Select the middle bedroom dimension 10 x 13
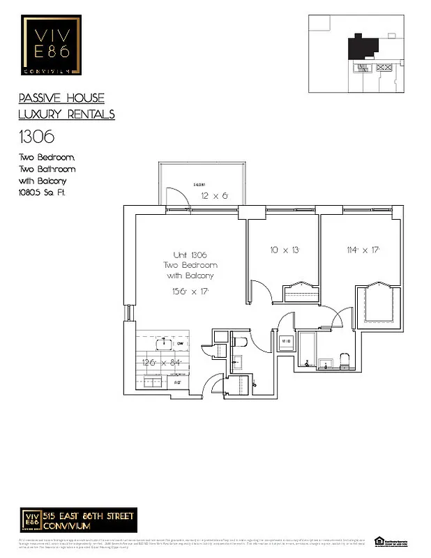[285, 249]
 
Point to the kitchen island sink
[164, 343]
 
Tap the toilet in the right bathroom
[345, 359]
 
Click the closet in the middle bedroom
[299, 289]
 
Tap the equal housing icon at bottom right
[380, 541]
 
